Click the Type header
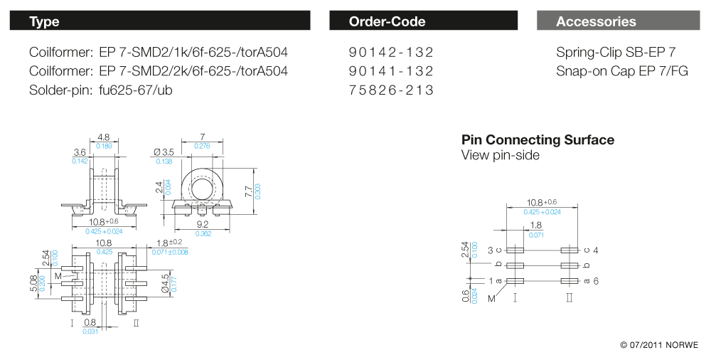click(44, 22)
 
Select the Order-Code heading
click(387, 22)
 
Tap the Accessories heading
click(596, 22)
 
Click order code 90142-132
click(391, 53)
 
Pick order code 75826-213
click(391, 90)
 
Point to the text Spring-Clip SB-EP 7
click(616, 53)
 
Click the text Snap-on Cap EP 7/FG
click(622, 71)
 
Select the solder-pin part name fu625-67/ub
click(136, 90)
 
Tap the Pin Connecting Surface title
click(538, 140)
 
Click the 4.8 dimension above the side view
click(103, 137)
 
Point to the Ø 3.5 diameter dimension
click(164, 152)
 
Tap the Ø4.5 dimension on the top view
click(165, 282)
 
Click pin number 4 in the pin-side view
click(596, 250)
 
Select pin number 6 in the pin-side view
click(596, 281)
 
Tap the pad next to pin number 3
click(515, 250)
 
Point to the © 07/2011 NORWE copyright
click(659, 345)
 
